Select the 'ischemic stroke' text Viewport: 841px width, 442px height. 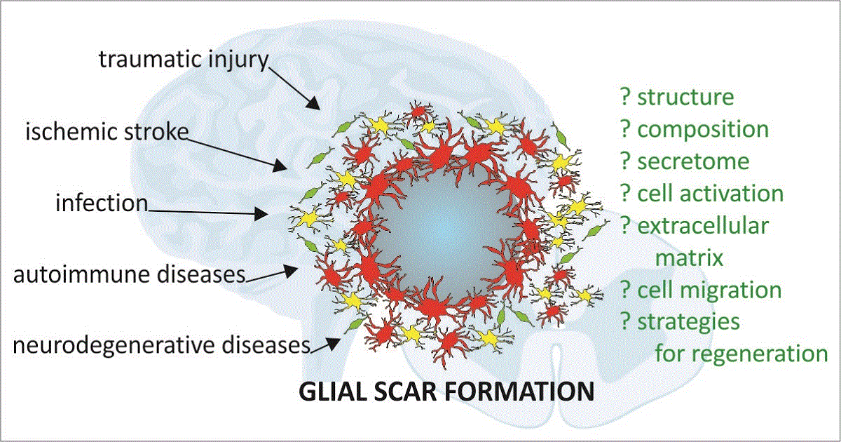tap(107, 132)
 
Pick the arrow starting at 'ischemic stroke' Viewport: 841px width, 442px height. tap(238, 150)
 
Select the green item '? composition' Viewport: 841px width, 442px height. tap(695, 129)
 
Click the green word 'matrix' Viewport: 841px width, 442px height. tap(689, 257)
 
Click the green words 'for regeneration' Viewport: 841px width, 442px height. tap(741, 354)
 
